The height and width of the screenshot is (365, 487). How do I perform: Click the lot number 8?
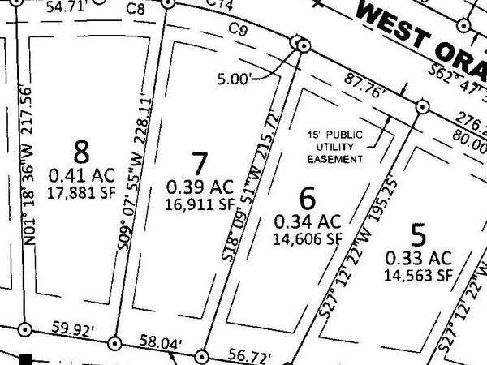[80, 151]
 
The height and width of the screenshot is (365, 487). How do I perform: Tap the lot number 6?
[306, 197]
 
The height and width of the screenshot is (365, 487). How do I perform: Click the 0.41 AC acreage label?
[83, 174]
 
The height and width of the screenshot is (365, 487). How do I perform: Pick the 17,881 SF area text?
[83, 192]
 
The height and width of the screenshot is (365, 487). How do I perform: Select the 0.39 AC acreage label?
[200, 187]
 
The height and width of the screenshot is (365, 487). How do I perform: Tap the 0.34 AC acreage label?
[308, 221]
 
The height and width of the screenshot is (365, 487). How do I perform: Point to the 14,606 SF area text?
[308, 238]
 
